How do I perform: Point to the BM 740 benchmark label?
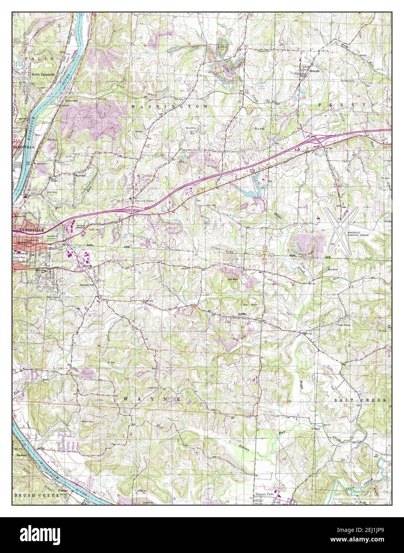(307, 333)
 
